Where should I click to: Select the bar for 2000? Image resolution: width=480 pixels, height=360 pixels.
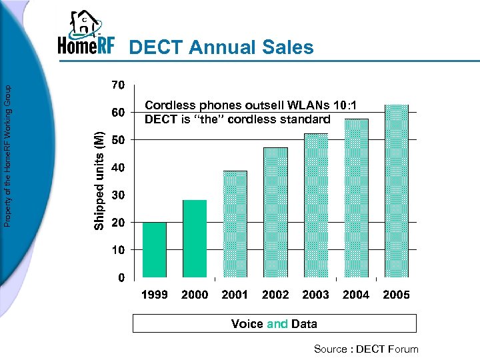tap(195, 238)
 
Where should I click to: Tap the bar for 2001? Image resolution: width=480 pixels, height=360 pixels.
tap(235, 224)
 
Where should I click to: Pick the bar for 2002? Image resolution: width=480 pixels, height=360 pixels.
tap(275, 212)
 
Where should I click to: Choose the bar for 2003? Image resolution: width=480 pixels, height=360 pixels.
tap(316, 205)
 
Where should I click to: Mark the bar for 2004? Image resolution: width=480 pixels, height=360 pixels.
tap(356, 197)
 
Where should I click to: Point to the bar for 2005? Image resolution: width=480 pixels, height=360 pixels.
tap(397, 191)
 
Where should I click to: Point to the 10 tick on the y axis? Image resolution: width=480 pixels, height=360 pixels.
tap(117, 249)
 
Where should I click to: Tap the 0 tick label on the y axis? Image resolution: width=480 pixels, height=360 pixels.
tap(121, 277)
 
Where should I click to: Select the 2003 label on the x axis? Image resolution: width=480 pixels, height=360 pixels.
tap(315, 295)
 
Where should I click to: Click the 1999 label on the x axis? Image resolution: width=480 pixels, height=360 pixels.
tap(155, 295)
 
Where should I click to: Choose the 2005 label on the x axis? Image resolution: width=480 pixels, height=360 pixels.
tap(396, 295)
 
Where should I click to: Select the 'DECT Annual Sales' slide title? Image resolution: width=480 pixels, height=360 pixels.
tap(221, 47)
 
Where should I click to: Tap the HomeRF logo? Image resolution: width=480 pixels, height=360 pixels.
tap(86, 35)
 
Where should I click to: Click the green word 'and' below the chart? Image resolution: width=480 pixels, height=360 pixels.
tap(277, 324)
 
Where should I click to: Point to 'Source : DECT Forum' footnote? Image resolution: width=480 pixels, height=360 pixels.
tap(367, 349)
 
